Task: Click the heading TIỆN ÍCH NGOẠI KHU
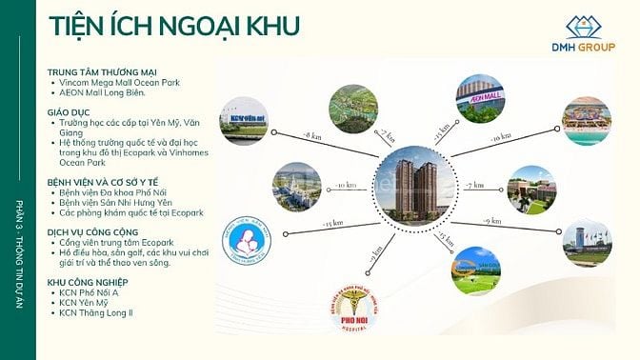click(x=161, y=25)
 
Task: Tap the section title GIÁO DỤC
click(x=70, y=111)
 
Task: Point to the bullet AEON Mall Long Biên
click(x=105, y=92)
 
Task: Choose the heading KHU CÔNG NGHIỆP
click(x=90, y=283)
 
